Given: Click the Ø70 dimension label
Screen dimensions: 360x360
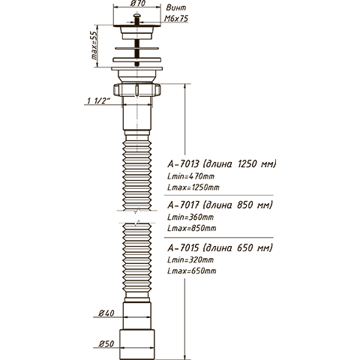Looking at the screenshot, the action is coord(138,4).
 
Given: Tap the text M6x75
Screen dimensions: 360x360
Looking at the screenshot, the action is coord(176,19).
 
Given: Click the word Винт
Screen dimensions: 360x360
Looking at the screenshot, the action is coord(176,7).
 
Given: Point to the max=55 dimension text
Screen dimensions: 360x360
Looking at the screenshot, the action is coord(94,46).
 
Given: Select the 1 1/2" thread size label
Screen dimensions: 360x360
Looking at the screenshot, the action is coord(99,101).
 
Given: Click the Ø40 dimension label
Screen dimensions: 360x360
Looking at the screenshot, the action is coord(106,313).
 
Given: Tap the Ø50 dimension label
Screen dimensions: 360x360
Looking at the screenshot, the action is coord(106,344).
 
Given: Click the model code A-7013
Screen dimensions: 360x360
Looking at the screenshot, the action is coord(183,164).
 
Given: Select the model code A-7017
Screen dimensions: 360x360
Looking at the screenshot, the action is coord(183,205).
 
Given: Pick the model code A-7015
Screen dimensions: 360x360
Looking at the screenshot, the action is coord(183,248).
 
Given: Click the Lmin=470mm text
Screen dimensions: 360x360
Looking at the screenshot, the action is coord(190,176).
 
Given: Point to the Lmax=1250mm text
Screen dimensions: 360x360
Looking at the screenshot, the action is coord(193,187).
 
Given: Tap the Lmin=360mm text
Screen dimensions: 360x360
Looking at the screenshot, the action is coord(190,217).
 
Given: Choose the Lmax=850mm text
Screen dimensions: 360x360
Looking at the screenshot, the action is coord(192,228).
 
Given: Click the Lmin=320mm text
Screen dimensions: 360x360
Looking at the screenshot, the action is coord(190,260).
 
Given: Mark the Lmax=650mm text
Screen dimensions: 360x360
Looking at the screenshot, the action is coord(192,271).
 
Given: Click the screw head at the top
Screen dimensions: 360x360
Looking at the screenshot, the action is coord(137,16).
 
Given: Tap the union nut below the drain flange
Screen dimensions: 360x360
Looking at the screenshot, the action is coord(136,89).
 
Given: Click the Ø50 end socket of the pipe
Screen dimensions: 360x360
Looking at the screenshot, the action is coord(136,344).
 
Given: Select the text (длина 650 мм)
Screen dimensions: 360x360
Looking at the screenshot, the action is coord(238,248).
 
